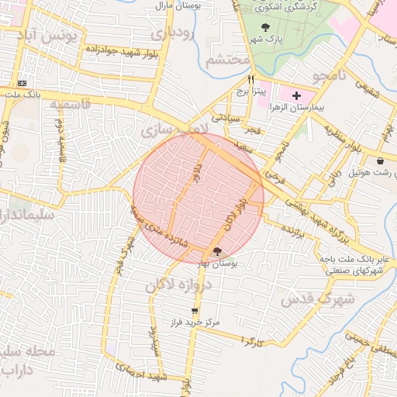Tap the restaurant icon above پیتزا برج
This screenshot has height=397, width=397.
click(x=250, y=80)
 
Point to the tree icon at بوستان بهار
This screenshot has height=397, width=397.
click(x=216, y=250)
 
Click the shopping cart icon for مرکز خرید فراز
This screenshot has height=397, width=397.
click(x=194, y=310)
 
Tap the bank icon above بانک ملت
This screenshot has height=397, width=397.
click(x=22, y=83)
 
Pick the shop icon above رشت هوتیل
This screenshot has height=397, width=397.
click(x=381, y=161)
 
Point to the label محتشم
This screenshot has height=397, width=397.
click(x=230, y=60)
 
